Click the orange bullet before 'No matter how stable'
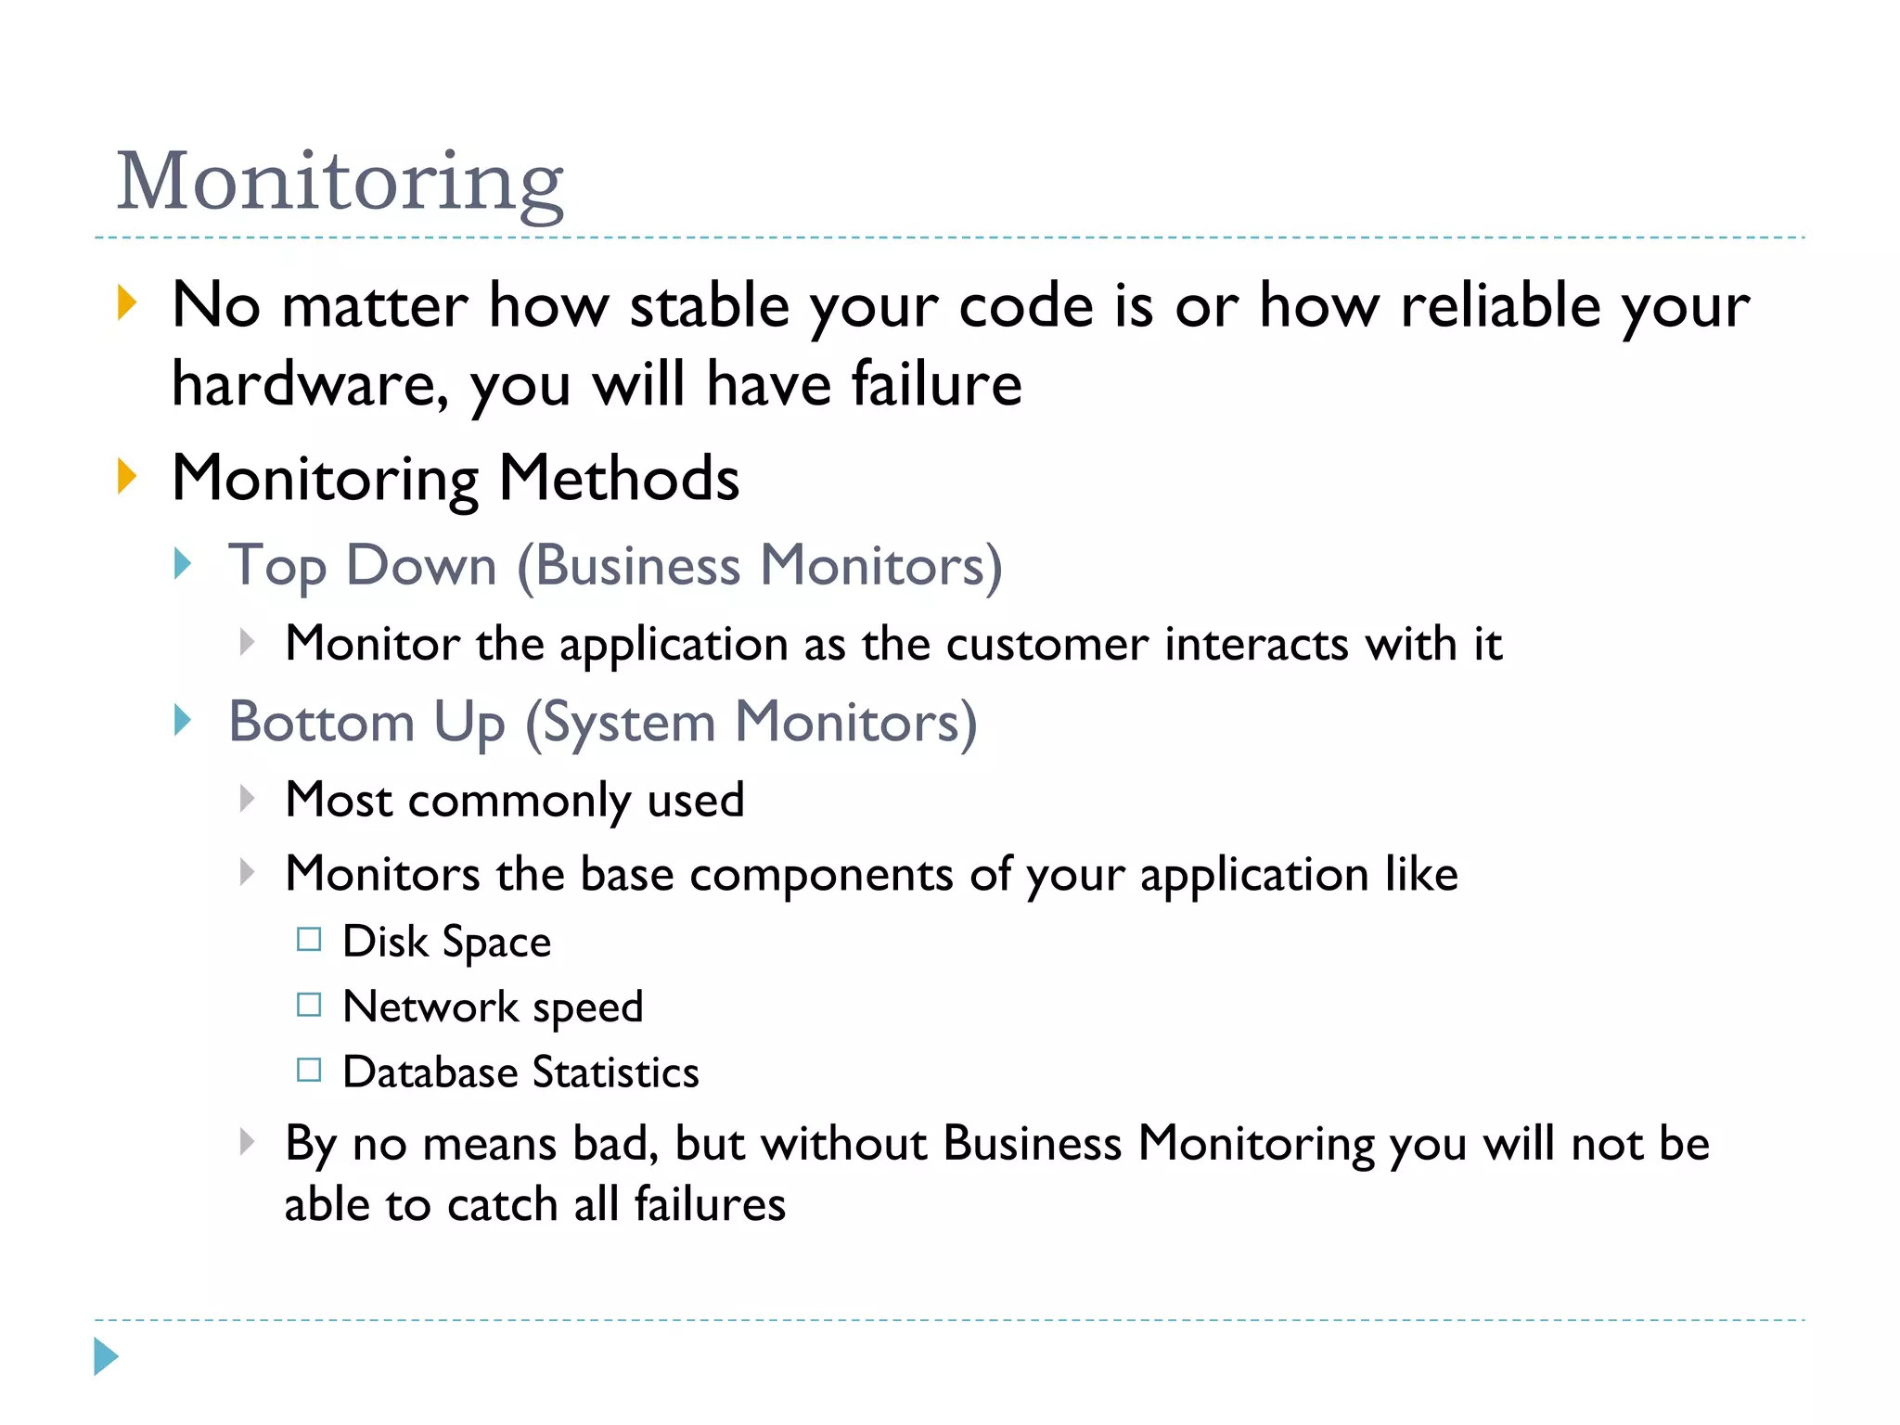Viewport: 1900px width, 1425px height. [x=127, y=304]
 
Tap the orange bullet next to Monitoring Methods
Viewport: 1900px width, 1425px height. [x=127, y=477]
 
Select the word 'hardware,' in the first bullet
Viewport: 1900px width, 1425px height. [x=310, y=384]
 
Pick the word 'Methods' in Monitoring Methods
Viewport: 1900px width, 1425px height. [x=619, y=479]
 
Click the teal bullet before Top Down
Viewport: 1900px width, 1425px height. [x=183, y=563]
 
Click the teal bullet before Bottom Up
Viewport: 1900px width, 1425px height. [x=183, y=720]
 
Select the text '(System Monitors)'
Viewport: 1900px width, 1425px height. [x=751, y=722]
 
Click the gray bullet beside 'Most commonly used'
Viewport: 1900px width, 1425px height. [x=247, y=798]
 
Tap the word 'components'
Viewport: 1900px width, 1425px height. [x=821, y=874]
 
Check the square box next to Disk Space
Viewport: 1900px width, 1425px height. [x=309, y=940]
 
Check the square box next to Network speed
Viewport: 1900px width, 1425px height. [x=309, y=1005]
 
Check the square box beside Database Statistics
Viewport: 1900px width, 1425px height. [x=309, y=1071]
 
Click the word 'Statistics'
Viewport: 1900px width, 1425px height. [x=615, y=1072]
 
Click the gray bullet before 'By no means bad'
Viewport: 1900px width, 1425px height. [x=247, y=1141]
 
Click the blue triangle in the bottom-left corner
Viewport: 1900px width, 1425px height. [x=105, y=1357]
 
